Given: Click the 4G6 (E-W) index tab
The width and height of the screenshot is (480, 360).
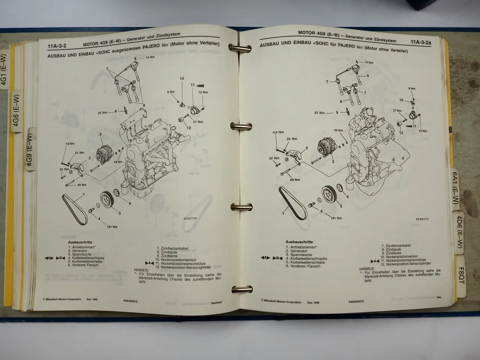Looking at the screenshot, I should (16, 111).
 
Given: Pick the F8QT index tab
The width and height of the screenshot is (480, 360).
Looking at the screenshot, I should (461, 275).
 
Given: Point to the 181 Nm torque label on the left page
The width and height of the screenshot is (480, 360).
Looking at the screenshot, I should (112, 227).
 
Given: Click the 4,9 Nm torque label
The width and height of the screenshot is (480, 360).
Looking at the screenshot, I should (277, 132).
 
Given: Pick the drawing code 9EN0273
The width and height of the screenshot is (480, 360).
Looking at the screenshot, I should (422, 219).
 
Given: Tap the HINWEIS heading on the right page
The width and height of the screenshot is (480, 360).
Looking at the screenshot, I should (367, 268).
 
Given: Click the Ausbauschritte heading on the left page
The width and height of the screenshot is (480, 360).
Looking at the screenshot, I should (80, 242).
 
